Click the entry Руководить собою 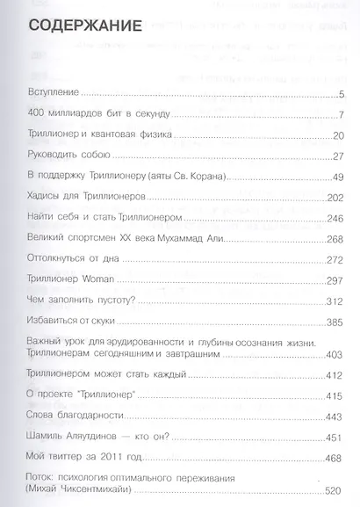click(68, 155)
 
